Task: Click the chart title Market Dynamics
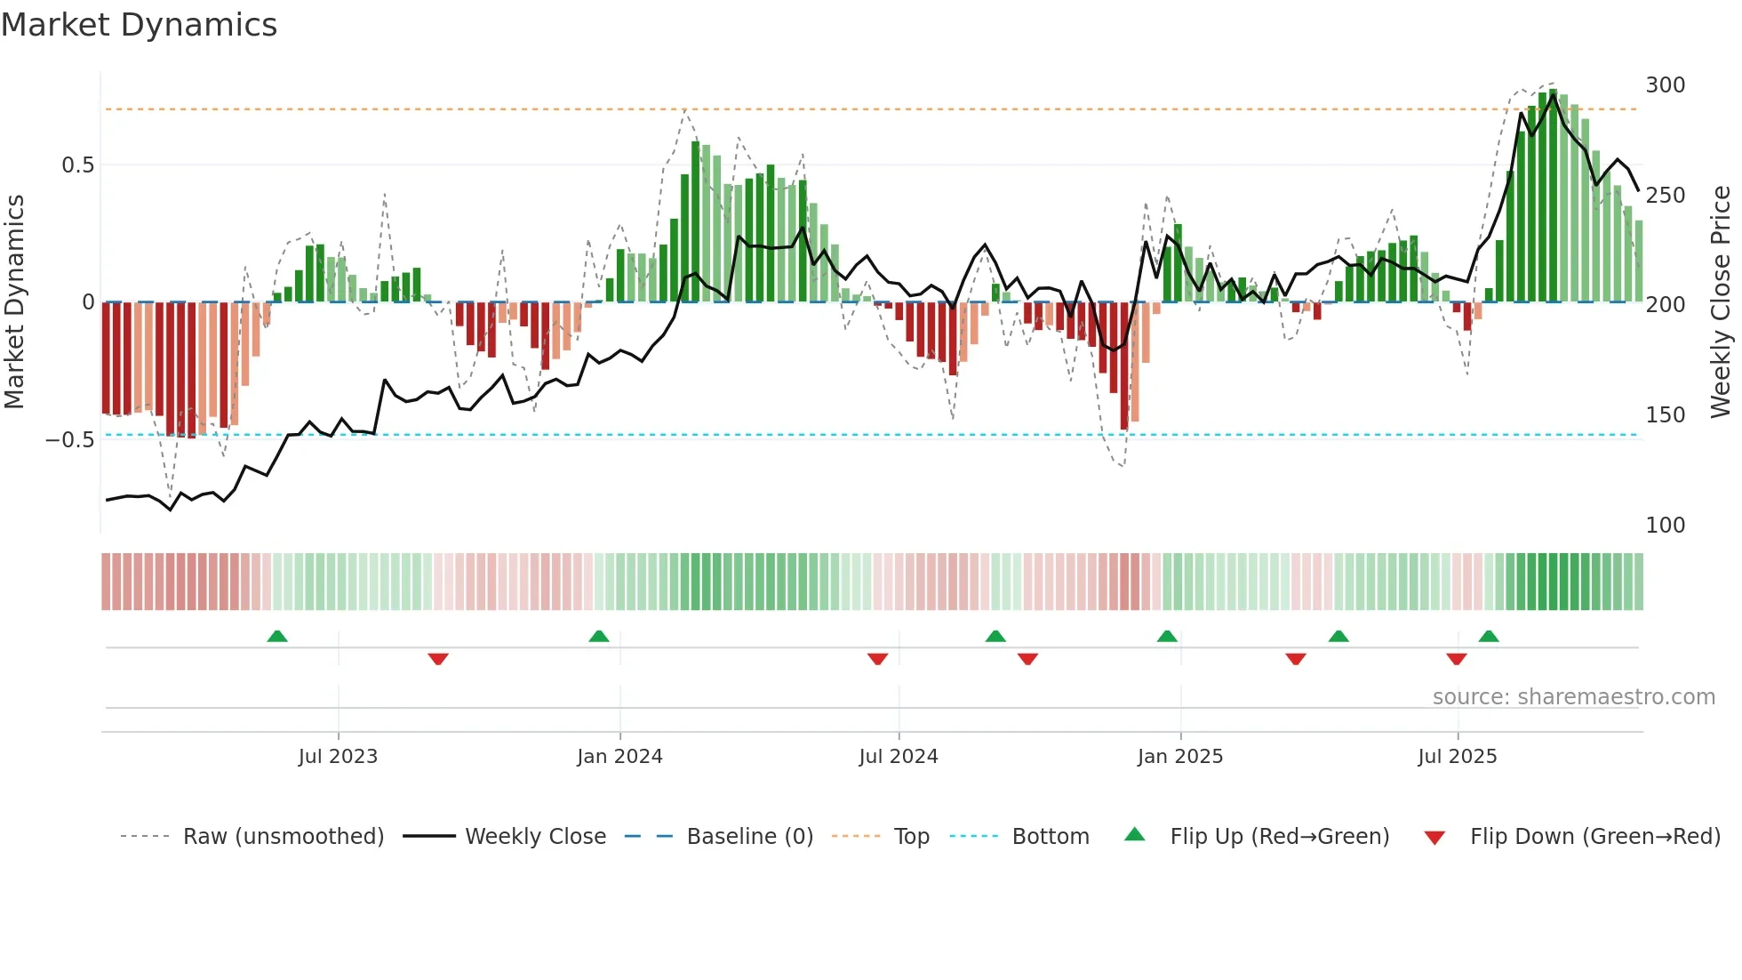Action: pos(140,25)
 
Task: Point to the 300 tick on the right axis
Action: pos(1665,85)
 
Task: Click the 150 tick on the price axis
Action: pos(1665,415)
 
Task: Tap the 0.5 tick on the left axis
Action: pos(77,165)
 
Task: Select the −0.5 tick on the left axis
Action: pos(70,440)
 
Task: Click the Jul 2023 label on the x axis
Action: pos(338,757)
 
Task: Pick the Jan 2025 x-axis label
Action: pos(1179,757)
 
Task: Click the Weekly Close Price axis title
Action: pos(1721,302)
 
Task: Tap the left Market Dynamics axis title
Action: pos(15,302)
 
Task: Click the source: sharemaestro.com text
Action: pos(1573,697)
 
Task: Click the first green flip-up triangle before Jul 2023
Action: pos(277,637)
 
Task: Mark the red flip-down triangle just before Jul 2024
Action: pos(877,659)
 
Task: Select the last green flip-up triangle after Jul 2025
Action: pos(1489,637)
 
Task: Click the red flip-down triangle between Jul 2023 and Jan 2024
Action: pos(438,659)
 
